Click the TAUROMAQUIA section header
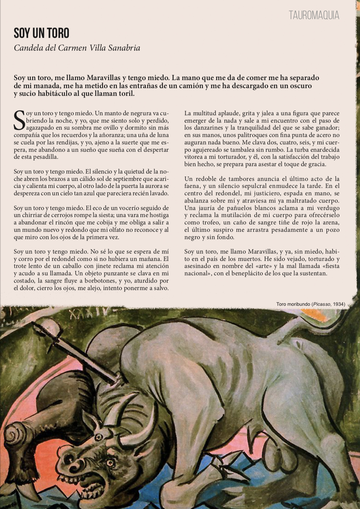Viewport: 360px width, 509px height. pyautogui.click(x=314, y=15)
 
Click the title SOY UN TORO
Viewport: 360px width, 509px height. pyautogui.click(x=41, y=33)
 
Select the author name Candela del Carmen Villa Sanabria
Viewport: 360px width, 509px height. pyautogui.click(x=77, y=48)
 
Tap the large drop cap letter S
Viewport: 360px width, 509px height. pyautogui.click(x=19, y=120)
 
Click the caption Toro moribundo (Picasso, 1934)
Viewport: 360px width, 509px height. pyautogui.click(x=310, y=304)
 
